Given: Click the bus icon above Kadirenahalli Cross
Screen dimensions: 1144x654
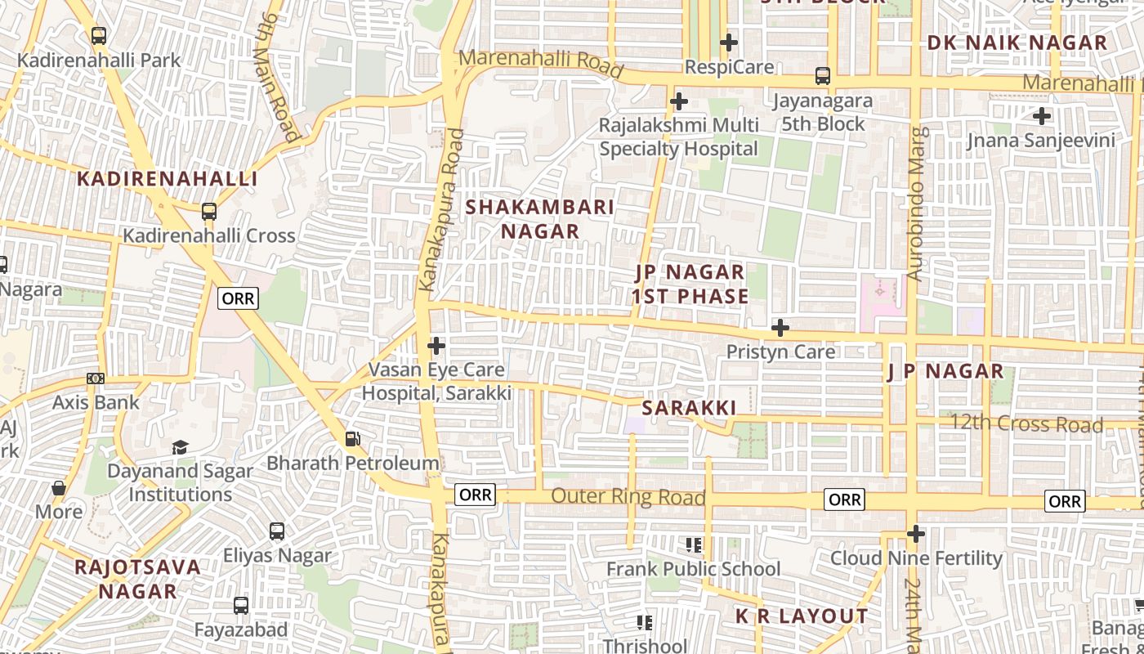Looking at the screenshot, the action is coord(209,212).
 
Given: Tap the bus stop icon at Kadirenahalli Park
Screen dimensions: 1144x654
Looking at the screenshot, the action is coord(99,36).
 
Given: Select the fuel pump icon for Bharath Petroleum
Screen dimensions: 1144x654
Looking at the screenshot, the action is coord(353,439).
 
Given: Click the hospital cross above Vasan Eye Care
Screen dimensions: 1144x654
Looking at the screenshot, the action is coord(436,346).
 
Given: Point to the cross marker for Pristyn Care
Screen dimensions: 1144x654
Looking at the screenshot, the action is coord(780,328).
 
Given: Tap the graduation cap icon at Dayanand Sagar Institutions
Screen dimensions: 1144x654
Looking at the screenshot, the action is coord(180,447).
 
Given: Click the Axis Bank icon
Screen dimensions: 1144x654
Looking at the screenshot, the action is coord(96,379).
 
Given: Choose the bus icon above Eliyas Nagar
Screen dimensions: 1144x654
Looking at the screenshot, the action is coord(277,531).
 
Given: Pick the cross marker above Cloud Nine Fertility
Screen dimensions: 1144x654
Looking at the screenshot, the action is coord(916,534).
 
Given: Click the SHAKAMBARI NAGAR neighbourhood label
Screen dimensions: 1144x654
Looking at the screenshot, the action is coord(540,219).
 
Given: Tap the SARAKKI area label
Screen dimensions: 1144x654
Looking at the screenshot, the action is coord(689,408).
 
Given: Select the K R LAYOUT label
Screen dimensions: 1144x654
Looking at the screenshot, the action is coord(802,616).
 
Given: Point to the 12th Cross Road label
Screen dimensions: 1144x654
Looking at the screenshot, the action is coord(1038,424).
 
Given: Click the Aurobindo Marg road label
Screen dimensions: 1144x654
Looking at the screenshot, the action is coord(918,204).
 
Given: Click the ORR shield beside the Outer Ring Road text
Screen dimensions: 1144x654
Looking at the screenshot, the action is coord(475,495).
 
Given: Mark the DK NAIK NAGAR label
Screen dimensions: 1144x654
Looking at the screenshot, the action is coord(1017,43).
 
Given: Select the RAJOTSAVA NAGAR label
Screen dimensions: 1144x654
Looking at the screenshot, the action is coord(137,579).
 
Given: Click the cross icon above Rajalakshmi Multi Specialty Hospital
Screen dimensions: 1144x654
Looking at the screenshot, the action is coord(678,101).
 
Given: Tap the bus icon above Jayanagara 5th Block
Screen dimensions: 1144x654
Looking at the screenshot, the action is coord(823,76).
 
